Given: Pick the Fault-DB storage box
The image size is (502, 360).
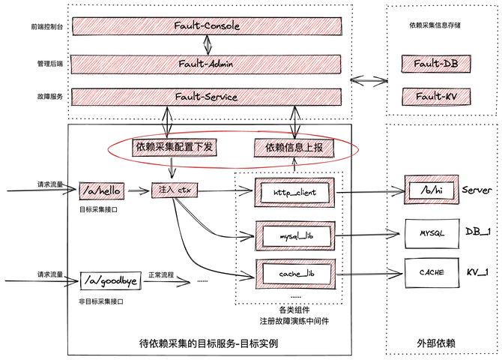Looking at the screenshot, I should [x=436, y=64].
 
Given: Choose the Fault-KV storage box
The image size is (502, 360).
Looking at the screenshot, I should [x=436, y=96].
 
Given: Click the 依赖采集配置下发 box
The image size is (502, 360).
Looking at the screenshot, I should [x=175, y=147].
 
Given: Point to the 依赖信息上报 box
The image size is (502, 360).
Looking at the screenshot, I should [x=294, y=148].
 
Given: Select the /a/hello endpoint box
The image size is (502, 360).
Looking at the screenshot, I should [x=100, y=190].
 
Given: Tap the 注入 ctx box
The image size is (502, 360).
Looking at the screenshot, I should [x=173, y=190].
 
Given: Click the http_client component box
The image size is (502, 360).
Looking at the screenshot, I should [x=294, y=192].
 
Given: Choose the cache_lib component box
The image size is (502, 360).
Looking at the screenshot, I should [x=294, y=274].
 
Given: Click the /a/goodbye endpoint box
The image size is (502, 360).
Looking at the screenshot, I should [x=111, y=282].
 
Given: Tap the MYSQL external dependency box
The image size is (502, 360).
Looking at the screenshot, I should [x=430, y=233].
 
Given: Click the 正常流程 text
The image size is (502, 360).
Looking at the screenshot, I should [x=162, y=275].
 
